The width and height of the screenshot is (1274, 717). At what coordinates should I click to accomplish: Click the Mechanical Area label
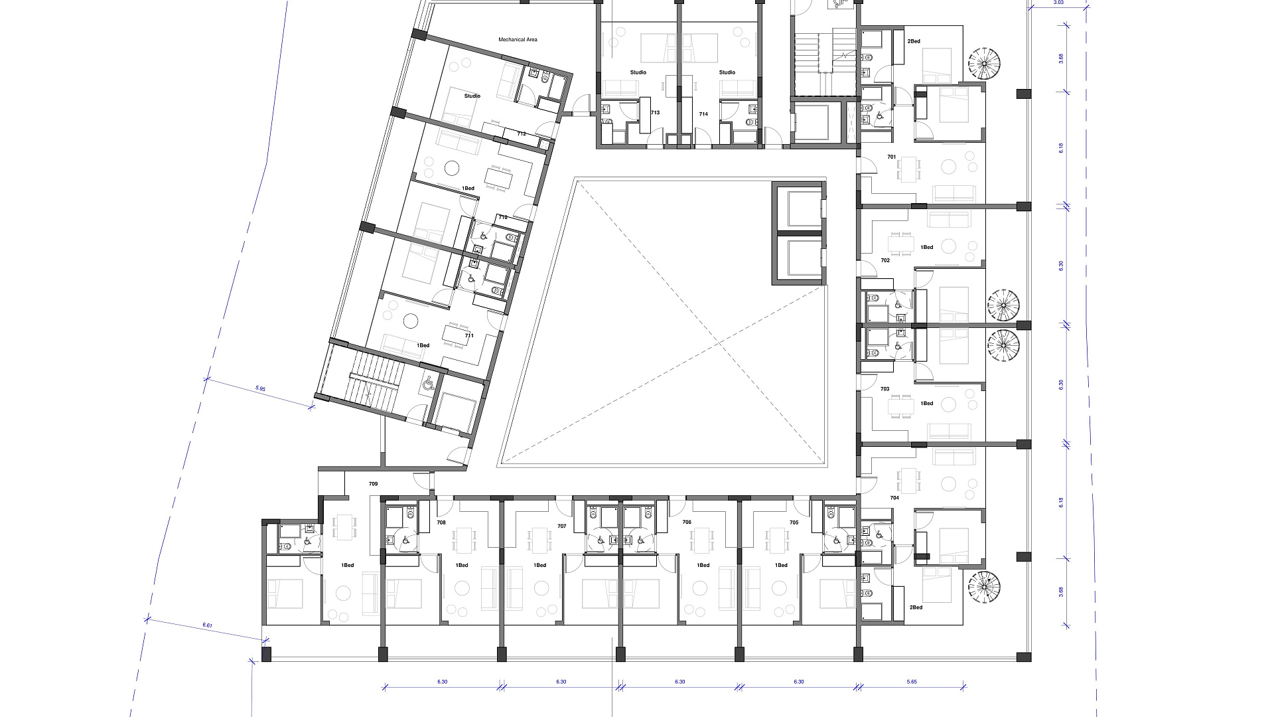pos(518,40)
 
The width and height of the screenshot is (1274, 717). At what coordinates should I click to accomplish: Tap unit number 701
pos(892,157)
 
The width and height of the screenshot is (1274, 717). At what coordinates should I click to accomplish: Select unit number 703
pos(885,389)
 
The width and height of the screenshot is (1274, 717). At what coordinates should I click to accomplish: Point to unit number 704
pos(894,498)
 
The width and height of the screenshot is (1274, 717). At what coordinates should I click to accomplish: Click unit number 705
pos(794,522)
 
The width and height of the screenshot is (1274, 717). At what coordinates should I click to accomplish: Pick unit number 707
pos(562,526)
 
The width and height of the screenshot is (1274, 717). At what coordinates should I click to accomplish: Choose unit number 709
pos(373,484)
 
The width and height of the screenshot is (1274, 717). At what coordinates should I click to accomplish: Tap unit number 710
pos(503,218)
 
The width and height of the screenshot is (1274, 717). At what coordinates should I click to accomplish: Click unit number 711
pos(469,336)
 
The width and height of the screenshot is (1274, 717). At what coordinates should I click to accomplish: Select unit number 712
pos(522,134)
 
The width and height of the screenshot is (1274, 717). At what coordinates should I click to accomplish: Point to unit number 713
pos(655,113)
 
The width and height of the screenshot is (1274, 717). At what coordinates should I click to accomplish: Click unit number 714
pos(703,114)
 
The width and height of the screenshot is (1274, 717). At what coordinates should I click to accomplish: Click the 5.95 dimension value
pos(260,389)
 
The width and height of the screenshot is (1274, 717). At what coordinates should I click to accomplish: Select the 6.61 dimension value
pos(207,625)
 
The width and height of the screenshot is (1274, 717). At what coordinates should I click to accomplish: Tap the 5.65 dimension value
pos(912,682)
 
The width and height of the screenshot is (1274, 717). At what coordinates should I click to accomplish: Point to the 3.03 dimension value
pos(1058,3)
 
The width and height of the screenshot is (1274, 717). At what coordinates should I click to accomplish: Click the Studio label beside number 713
pos(638,72)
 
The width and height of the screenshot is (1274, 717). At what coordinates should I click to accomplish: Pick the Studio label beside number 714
pos(727,72)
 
